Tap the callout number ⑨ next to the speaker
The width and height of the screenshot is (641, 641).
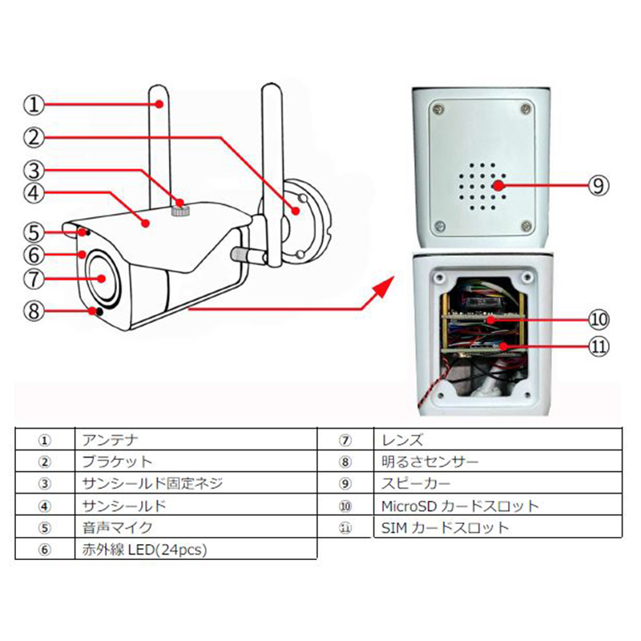(599, 185)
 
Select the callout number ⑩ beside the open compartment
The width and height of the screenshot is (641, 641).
(599, 320)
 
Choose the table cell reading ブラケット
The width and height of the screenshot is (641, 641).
(117, 462)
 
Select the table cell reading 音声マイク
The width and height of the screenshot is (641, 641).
(117, 528)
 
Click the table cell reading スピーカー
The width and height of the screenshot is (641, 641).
(417, 484)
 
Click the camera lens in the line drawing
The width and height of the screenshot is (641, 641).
(101, 279)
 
